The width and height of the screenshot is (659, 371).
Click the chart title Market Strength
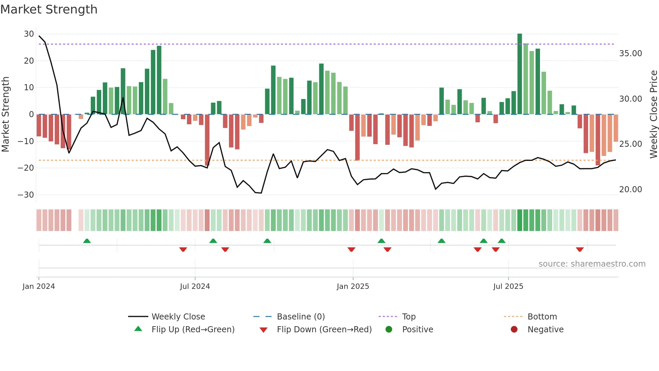49,9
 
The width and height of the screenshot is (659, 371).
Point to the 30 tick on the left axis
29,34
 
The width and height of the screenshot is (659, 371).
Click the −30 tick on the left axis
26,195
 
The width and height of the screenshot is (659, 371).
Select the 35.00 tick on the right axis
630,54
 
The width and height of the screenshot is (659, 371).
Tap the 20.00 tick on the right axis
630,190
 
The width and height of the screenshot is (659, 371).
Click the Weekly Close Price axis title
653,114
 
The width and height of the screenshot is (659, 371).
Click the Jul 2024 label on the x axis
195,286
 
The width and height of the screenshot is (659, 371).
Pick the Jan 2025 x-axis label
353,286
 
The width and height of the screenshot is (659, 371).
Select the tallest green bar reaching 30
519,74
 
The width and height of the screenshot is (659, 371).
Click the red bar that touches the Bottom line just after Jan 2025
357,137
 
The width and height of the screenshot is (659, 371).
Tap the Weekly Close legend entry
178,317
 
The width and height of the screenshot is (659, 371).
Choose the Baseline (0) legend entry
301,317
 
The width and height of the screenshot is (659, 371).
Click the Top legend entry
409,317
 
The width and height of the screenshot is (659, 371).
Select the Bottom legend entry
542,317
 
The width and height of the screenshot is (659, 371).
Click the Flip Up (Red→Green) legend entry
193,330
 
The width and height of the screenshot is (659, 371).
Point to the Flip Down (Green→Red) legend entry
324,330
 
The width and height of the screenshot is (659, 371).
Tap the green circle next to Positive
389,330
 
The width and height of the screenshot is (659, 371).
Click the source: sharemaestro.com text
592,264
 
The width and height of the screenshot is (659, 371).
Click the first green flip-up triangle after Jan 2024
87,241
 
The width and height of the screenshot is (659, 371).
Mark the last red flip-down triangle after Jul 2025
580,249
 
